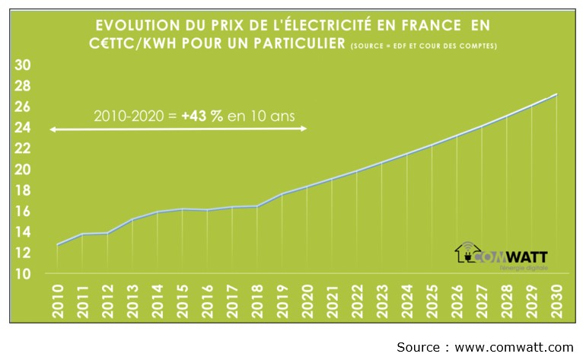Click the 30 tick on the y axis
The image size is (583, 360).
(x=23, y=65)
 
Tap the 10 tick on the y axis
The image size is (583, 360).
(x=23, y=273)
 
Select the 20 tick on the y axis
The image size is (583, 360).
(x=23, y=169)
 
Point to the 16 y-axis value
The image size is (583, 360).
(x=23, y=211)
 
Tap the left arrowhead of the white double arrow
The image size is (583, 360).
(x=53, y=130)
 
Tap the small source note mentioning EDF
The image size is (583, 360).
(x=424, y=46)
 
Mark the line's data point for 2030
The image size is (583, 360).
(x=558, y=94)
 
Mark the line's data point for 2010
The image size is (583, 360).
(x=58, y=245)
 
